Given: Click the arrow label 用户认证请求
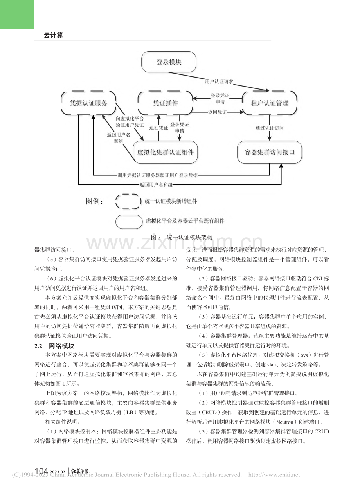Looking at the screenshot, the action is [x=219, y=82].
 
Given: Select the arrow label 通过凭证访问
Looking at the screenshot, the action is [x=270, y=128].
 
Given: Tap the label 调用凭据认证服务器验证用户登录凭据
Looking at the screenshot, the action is [x=158, y=175].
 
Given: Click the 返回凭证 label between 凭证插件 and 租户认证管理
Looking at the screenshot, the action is [x=217, y=112].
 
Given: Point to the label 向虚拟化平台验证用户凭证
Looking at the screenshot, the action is [x=130, y=122].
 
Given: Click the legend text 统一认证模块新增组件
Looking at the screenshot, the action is [x=171, y=201].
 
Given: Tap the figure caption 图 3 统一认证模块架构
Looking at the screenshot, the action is [x=182, y=237].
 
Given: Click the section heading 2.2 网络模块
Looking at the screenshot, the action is [x=54, y=346].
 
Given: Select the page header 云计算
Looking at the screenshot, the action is [x=53, y=35].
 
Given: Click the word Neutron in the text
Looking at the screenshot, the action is [x=284, y=422].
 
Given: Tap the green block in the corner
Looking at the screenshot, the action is [x=17, y=14].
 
